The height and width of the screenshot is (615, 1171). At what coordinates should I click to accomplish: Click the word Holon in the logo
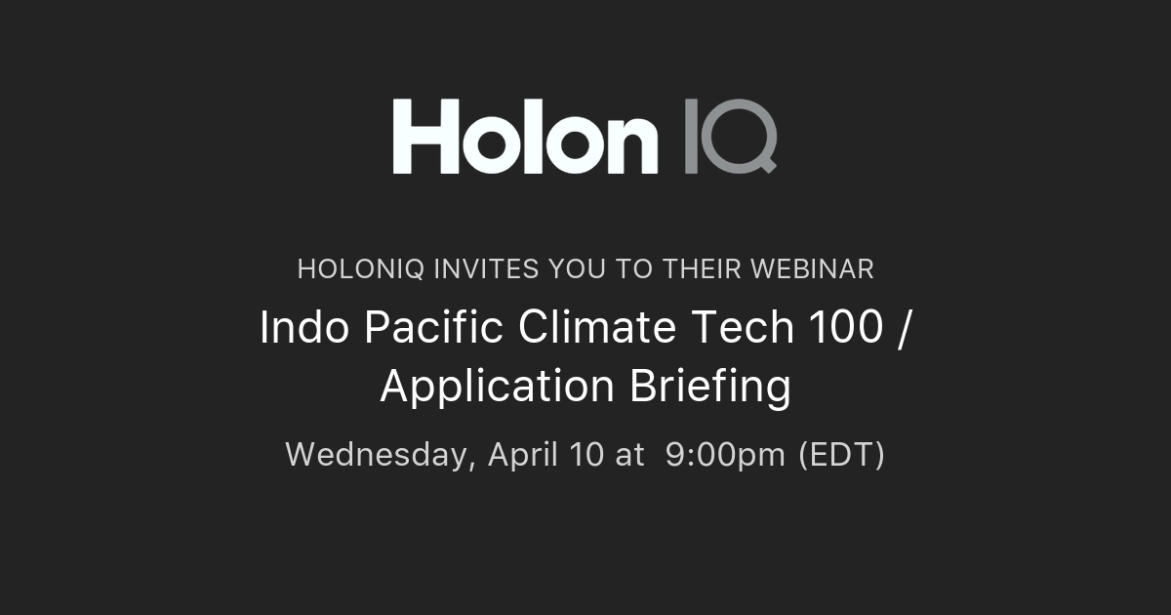point(525,136)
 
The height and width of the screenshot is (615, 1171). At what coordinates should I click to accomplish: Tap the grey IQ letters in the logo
point(730,136)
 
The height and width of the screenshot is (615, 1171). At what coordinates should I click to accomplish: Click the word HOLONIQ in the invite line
point(360,269)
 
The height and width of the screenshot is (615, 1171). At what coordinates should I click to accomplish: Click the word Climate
point(596,328)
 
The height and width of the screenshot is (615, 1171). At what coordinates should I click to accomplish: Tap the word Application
point(498,388)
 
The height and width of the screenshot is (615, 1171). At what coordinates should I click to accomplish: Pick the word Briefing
point(710,388)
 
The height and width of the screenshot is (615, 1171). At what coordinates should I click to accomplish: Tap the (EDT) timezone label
point(841,454)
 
